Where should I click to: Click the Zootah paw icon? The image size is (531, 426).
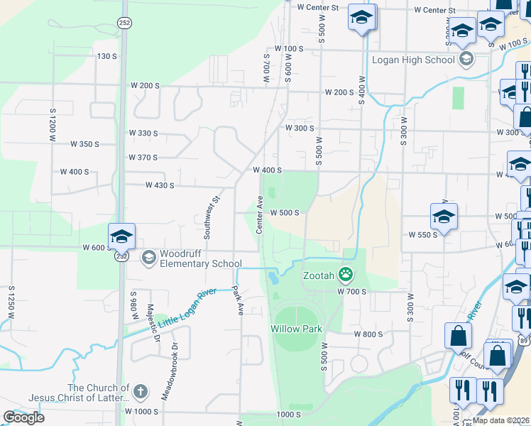[x=346, y=273]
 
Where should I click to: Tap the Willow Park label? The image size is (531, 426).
[x=296, y=329]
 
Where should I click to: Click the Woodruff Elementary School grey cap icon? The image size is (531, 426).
[x=149, y=256]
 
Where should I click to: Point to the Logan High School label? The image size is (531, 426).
[x=413, y=60]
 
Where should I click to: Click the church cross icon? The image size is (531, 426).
[x=141, y=390]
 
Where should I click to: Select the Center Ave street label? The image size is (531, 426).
[x=260, y=216]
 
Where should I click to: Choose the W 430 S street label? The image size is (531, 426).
[x=160, y=185]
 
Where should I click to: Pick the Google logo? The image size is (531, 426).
[x=23, y=417]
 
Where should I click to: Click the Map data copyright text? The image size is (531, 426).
[x=500, y=420]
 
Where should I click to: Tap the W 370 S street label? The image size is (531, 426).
[x=143, y=158]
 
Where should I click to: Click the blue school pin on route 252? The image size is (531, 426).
[x=121, y=236]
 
